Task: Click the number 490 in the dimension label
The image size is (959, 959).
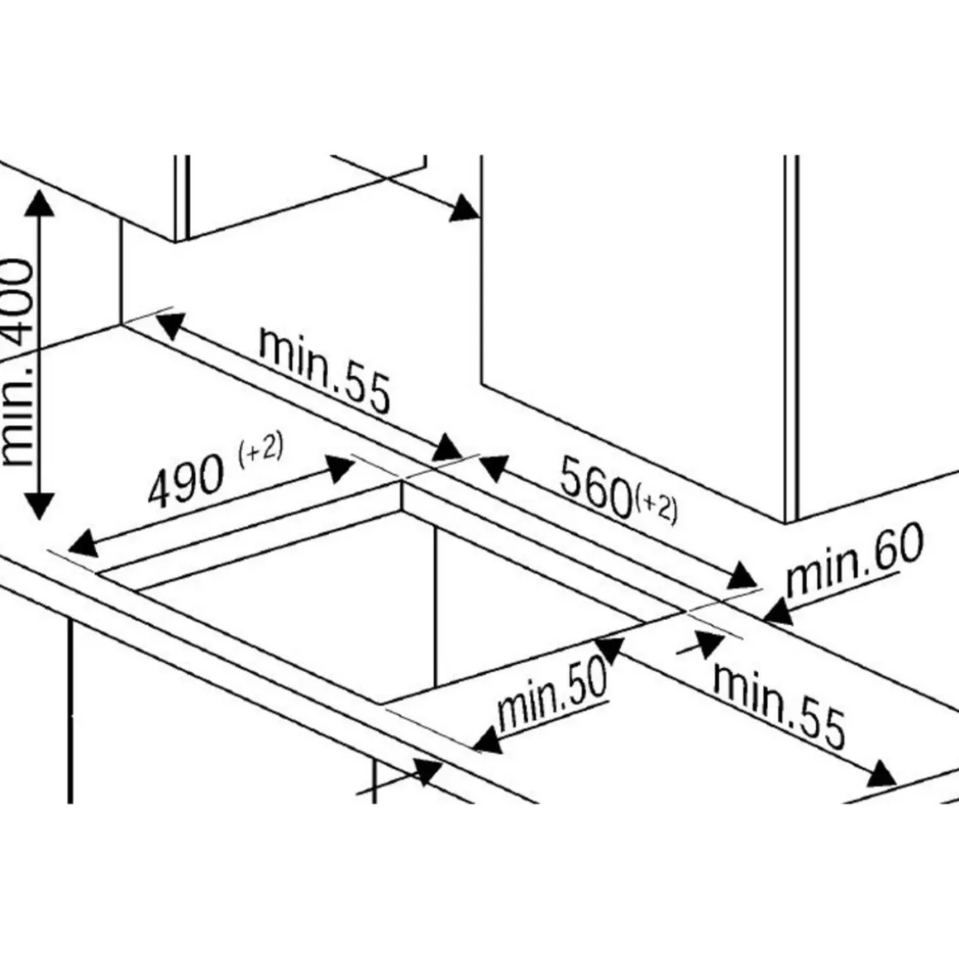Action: (187, 482)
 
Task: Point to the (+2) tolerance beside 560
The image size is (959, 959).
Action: (658, 508)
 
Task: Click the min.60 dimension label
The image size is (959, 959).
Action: (853, 561)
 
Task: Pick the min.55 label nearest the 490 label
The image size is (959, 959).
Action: (323, 369)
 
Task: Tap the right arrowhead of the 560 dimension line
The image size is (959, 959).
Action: (742, 575)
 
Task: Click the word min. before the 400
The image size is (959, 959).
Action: (18, 422)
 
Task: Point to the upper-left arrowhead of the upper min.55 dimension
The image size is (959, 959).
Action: (168, 324)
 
